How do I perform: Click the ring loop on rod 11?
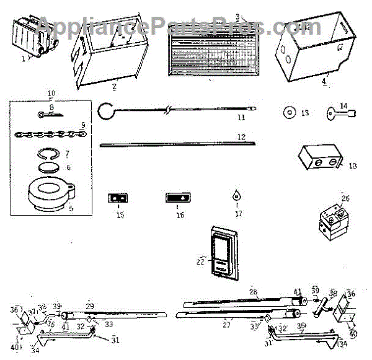tap(104, 112)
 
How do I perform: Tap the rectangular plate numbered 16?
tap(181, 198)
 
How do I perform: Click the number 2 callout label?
tap(114, 87)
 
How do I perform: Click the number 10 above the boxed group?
tap(51, 93)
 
